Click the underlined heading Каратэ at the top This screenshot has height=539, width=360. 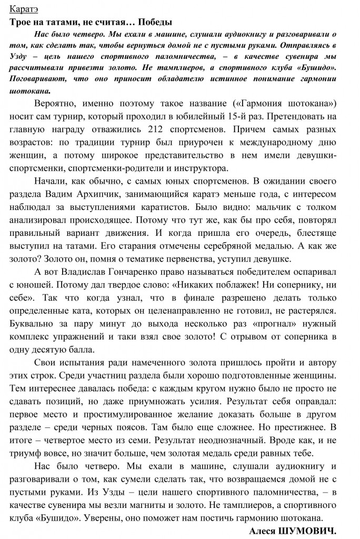(23, 8)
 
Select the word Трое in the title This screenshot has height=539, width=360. (21, 22)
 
